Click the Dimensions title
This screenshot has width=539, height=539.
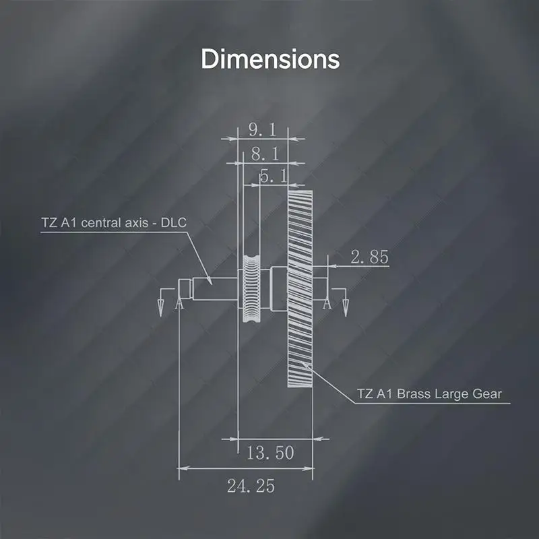coord(270,59)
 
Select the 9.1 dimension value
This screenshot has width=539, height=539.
coord(262,130)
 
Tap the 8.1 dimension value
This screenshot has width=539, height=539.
coord(265,154)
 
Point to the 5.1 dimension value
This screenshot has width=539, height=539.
coord(274,176)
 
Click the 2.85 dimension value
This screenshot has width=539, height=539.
coord(369,257)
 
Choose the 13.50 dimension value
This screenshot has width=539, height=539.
coord(271,453)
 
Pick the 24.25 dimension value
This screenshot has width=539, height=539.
coord(251,486)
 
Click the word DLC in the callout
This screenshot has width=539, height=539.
coord(174,223)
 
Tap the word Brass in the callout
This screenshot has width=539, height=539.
coord(414,393)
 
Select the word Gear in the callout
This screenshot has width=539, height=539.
coord(487,393)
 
